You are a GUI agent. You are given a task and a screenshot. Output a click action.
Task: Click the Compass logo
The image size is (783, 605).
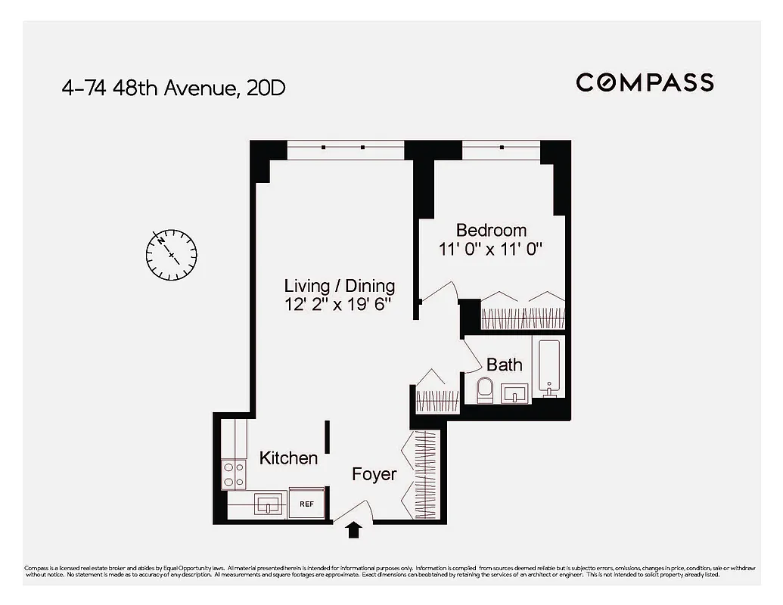coord(645,82)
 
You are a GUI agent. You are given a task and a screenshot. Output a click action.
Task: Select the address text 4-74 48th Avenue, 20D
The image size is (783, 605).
coord(173,88)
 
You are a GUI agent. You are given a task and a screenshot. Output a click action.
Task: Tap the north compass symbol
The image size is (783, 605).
coord(172,253)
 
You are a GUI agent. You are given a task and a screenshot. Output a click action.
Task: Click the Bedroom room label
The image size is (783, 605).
coord(491,230)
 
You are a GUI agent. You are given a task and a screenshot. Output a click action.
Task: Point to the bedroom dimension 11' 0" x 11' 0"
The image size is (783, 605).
coord(491,249)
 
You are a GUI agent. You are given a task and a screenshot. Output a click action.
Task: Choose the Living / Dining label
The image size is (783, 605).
coord(339,286)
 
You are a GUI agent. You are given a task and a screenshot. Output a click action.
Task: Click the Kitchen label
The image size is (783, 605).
coord(288,458)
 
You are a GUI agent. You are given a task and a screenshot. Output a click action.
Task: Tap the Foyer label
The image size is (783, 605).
coord(374,474)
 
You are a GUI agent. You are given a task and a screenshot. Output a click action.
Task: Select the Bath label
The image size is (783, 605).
coord(504,365)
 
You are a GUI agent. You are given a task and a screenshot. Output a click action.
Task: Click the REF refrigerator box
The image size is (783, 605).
coord(306,503)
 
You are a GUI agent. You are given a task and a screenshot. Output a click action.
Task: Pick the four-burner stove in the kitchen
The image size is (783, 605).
coord(234,474)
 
